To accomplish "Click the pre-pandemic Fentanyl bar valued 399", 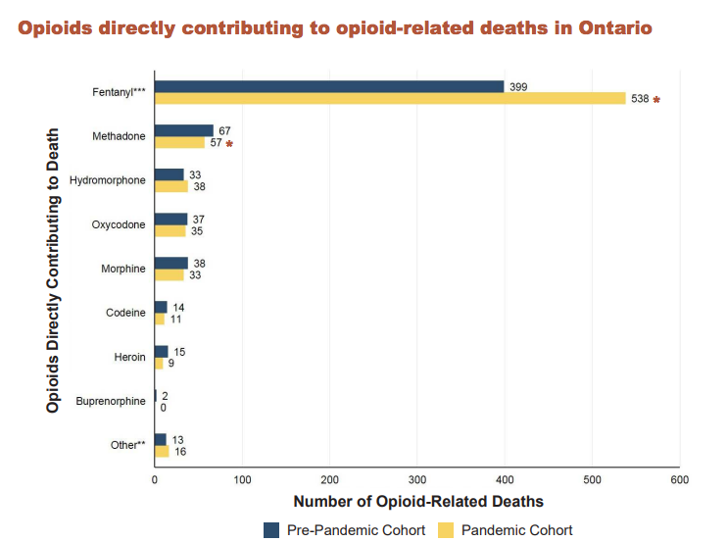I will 329,86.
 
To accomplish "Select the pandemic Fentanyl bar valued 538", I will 390,98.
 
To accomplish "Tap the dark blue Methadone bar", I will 184,130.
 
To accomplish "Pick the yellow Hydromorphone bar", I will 171,186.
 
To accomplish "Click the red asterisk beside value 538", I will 657,100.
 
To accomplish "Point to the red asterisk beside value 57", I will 229,144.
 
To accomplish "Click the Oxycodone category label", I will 119,225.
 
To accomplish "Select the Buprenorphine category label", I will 111,401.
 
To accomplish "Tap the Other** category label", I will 128,445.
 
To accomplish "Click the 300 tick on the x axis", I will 417,480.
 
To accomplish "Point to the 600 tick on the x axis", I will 680,480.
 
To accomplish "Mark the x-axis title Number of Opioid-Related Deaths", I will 418,502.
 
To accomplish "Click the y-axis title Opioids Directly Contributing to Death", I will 53,271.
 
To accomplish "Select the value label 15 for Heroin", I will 179,352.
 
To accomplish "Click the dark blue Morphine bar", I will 171,263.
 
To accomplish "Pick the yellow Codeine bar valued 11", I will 160,319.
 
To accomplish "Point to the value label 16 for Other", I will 180,452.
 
